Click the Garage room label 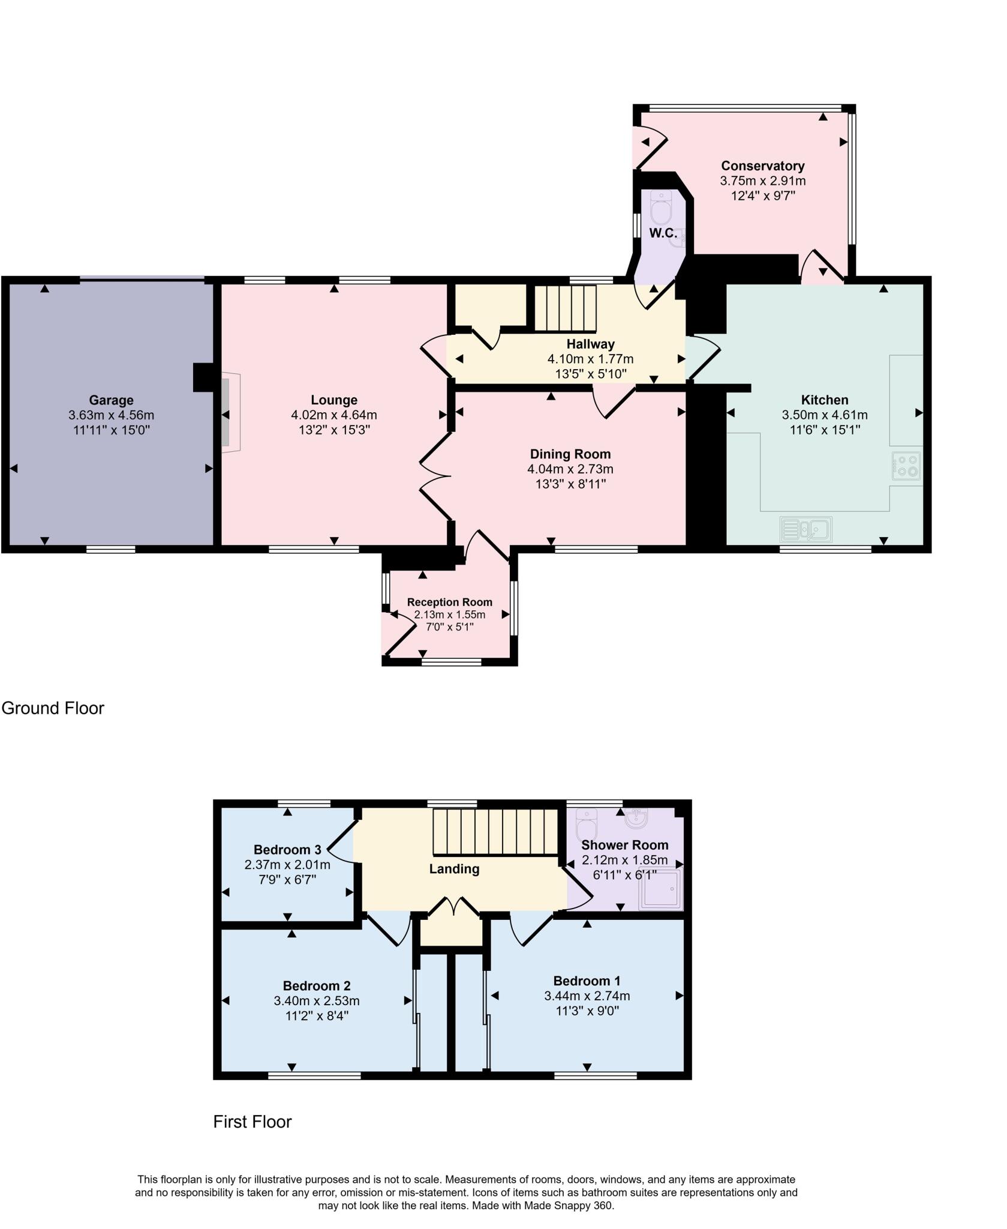pyautogui.click(x=111, y=400)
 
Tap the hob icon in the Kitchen pyautogui.click(x=906, y=466)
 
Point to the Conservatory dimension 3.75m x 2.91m pyautogui.click(x=762, y=181)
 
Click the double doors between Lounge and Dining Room pyautogui.click(x=435, y=476)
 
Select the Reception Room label pyautogui.click(x=449, y=602)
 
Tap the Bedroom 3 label pyautogui.click(x=287, y=850)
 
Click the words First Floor pyautogui.click(x=252, y=1122)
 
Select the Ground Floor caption pyautogui.click(x=53, y=708)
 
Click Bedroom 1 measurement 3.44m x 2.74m pyautogui.click(x=587, y=996)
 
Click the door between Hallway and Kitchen pyautogui.click(x=703, y=358)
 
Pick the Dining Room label pyautogui.click(x=570, y=454)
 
